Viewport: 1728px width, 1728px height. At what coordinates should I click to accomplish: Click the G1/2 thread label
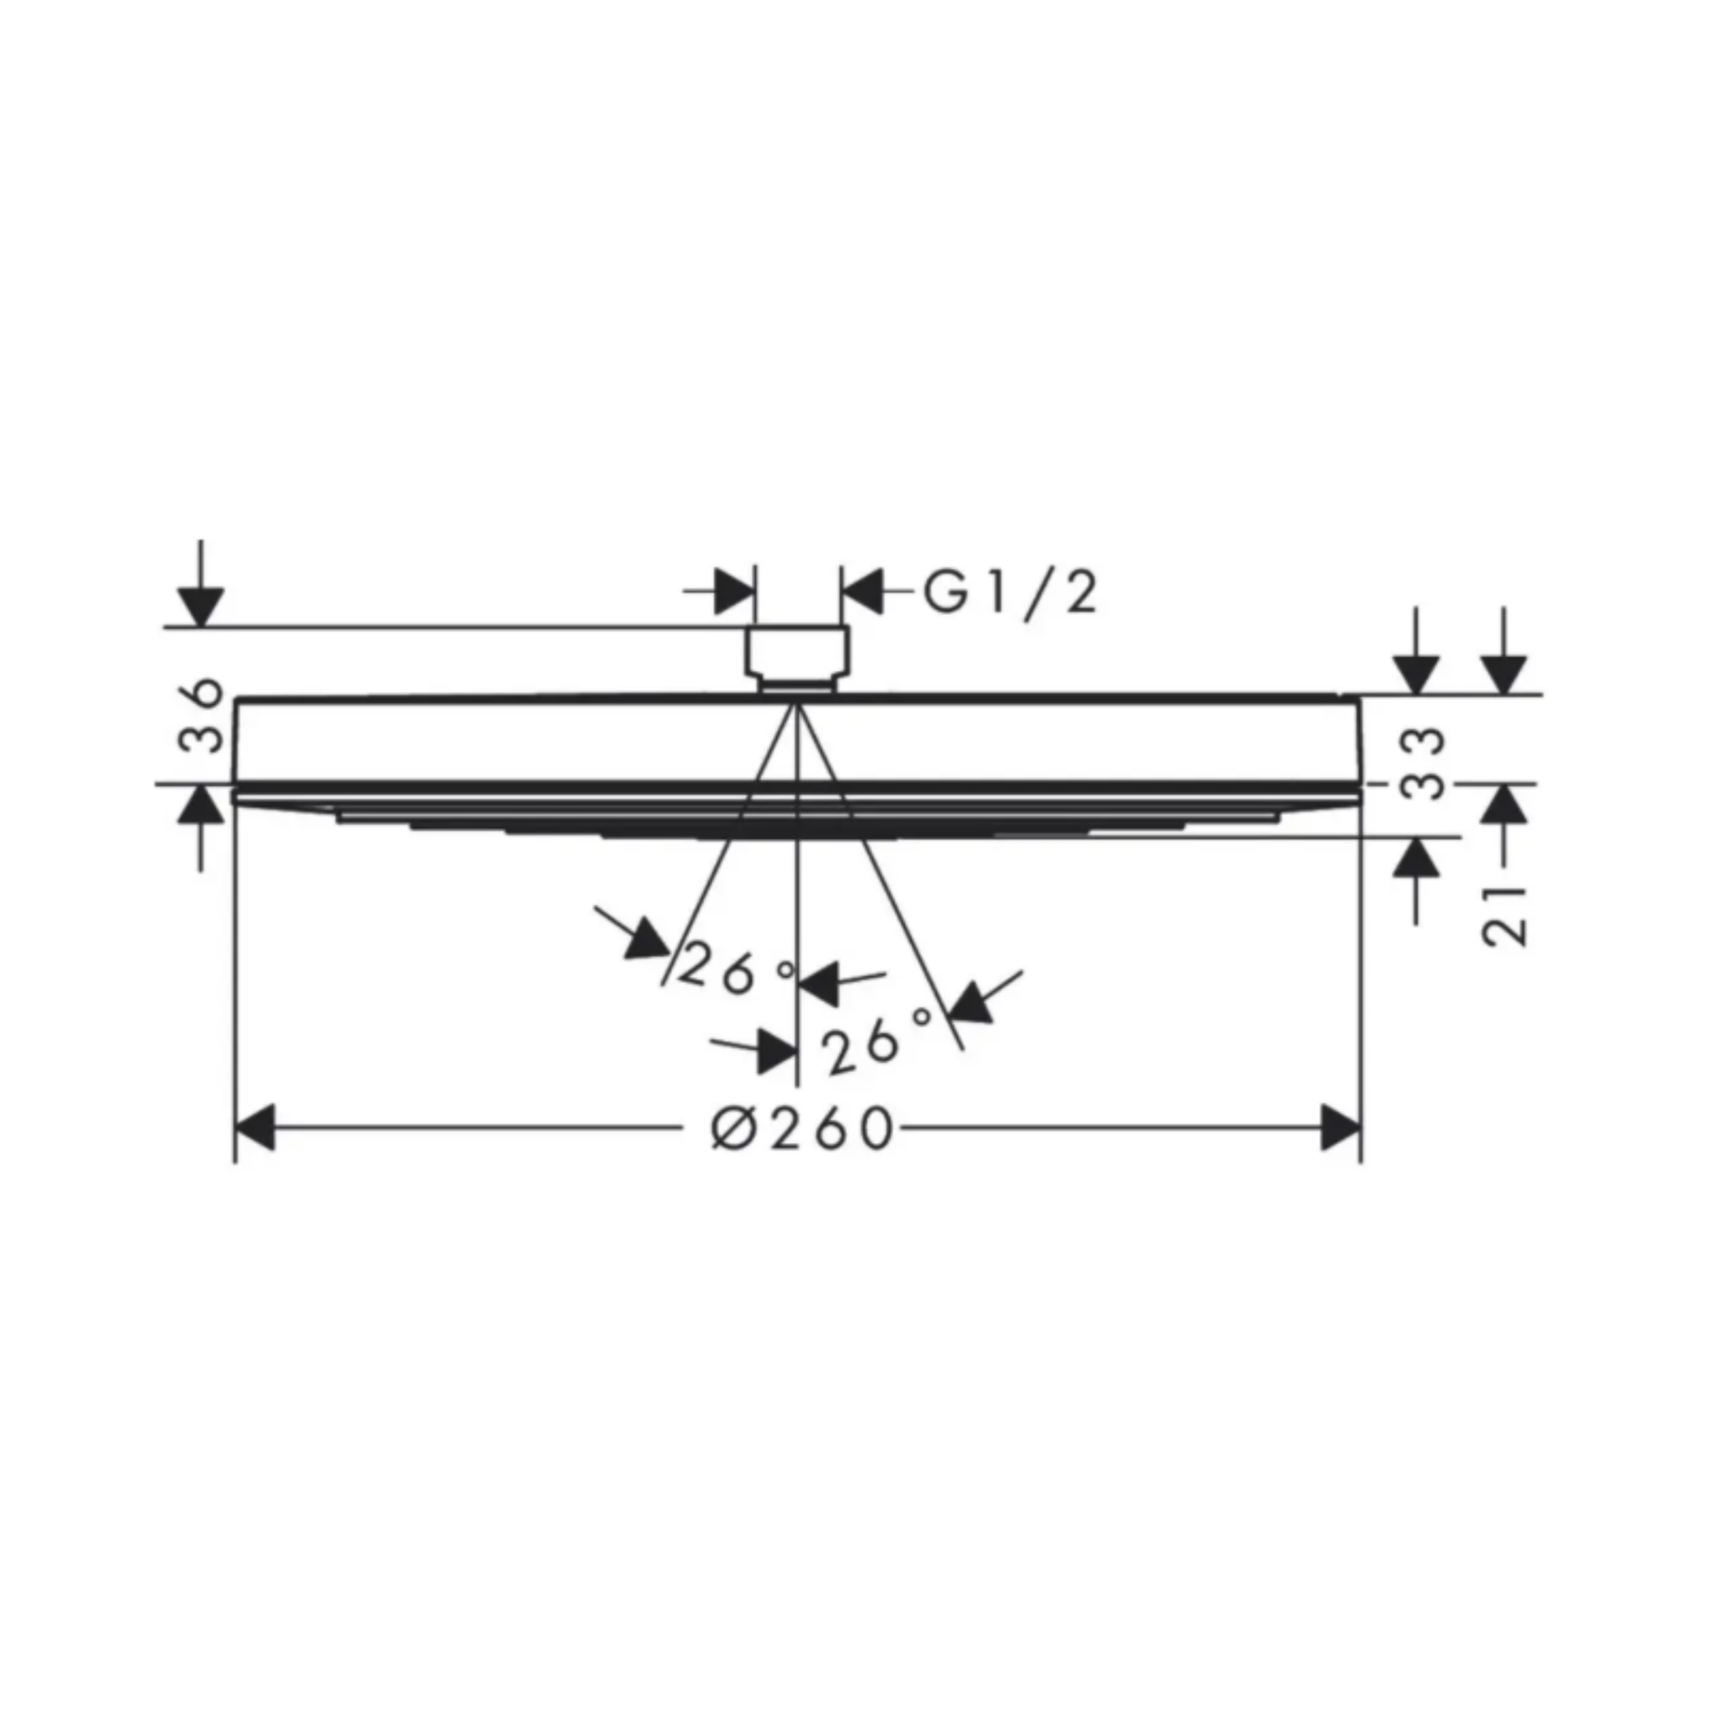1010,594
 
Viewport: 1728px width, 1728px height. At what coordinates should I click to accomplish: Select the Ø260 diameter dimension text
803,1128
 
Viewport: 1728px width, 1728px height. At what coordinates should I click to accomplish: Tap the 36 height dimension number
201,715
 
